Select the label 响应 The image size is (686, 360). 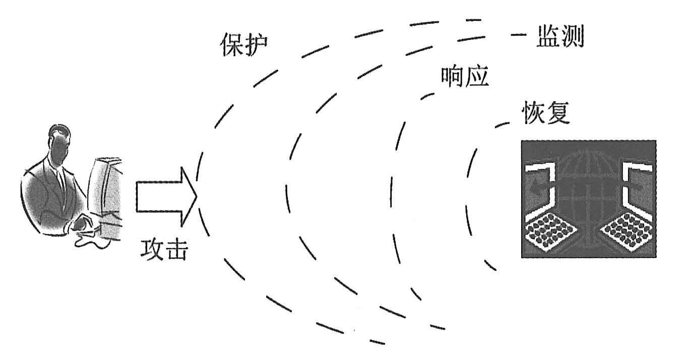click(x=465, y=77)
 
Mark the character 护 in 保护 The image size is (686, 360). click(x=257, y=47)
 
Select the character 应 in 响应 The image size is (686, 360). click(x=477, y=77)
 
